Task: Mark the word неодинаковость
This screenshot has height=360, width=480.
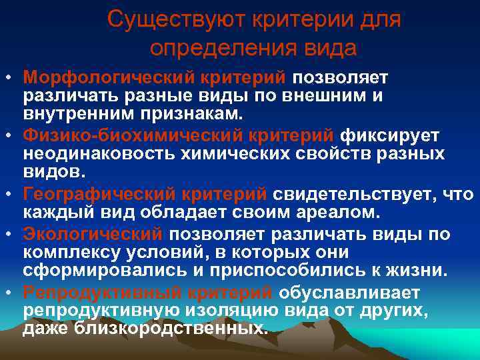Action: click(95, 155)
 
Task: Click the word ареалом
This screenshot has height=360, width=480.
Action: click(338, 213)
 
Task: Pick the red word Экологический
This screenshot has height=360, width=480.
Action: click(92, 234)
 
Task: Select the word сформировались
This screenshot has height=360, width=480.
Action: click(91, 272)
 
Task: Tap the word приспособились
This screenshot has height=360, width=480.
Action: click(248, 272)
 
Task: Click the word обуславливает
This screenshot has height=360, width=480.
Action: click(349, 292)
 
